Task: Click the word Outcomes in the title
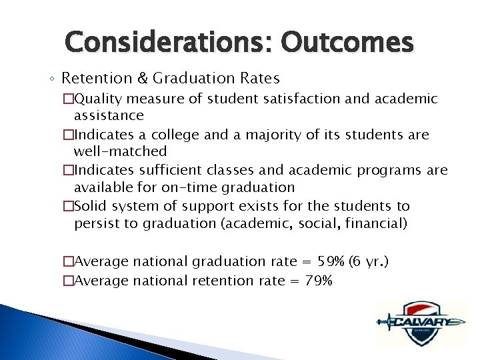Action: pyautogui.click(x=347, y=43)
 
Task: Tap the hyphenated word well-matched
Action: pyautogui.click(x=120, y=151)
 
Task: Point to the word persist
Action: pyautogui.click(x=95, y=223)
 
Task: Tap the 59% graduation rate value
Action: pyautogui.click(x=311, y=261)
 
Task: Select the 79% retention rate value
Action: pyautogui.click(x=319, y=281)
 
